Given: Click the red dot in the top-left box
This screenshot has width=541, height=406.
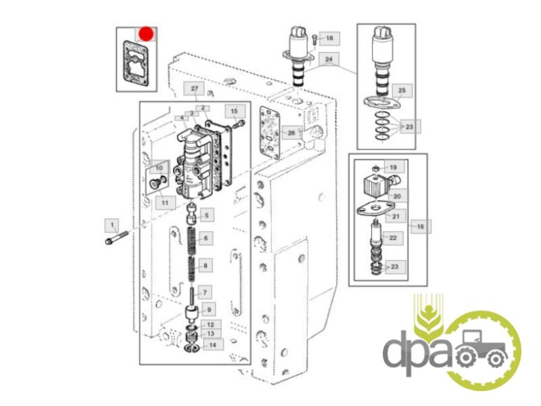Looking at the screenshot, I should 147,34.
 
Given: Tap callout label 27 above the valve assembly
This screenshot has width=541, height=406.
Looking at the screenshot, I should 194,89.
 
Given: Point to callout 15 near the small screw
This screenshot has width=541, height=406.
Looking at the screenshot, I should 234,110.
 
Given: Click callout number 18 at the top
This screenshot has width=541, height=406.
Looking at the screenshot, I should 329,39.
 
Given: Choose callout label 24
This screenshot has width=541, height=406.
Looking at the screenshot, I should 329,60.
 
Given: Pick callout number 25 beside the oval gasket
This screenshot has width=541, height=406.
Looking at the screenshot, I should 401,91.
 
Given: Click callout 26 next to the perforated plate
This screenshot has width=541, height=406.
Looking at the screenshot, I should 291,133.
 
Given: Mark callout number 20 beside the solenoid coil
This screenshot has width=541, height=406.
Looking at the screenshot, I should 397,196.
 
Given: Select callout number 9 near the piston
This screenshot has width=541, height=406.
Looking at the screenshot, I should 209,311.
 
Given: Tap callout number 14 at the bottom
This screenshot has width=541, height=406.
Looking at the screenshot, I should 212,344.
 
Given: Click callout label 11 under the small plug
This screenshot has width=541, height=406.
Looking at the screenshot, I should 164,202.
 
